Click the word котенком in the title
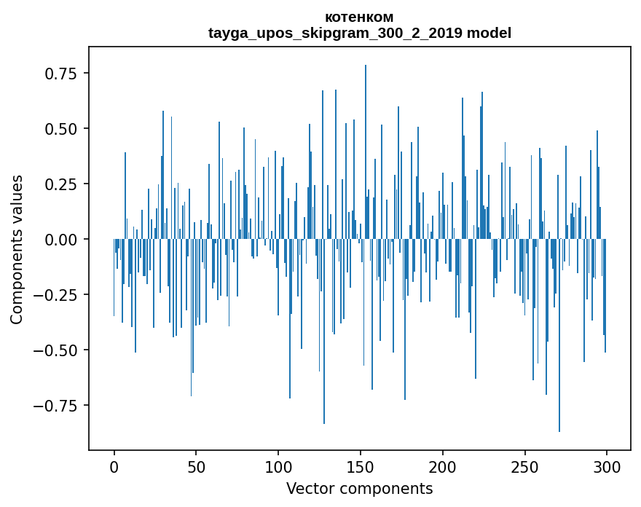click(359, 17)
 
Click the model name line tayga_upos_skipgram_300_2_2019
click(359, 33)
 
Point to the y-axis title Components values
click(16, 249)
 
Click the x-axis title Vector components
click(359, 489)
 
